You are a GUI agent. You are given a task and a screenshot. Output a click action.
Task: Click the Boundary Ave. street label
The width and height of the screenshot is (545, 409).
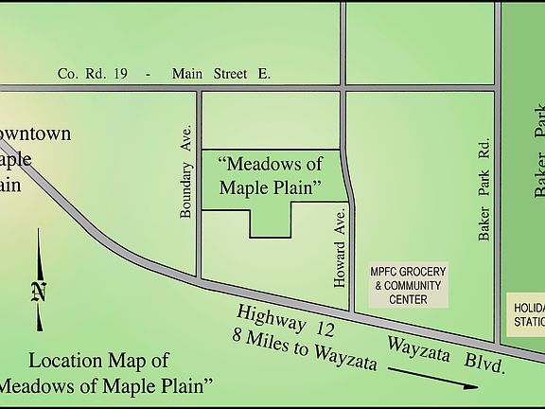186,170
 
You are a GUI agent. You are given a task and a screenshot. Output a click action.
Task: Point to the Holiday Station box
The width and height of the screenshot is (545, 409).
528,314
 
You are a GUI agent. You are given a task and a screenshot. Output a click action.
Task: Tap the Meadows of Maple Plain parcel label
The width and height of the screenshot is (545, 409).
271,176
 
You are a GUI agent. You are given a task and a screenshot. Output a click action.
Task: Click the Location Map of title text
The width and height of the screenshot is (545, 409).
99,361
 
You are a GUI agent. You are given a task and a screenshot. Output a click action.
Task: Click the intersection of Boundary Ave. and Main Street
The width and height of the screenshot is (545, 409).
199,89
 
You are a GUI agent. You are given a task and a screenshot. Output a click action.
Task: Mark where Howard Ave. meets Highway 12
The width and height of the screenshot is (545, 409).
352,311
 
